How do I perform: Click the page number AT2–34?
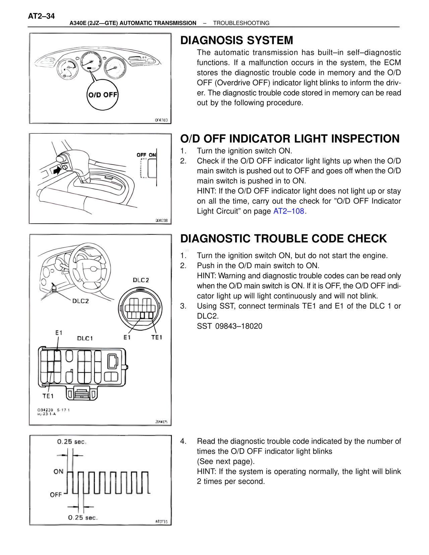pos(41,16)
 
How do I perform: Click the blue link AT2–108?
pos(289,211)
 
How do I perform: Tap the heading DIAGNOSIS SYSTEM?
pos(236,40)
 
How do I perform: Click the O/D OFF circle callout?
pos(103,95)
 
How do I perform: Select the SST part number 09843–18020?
pos(238,326)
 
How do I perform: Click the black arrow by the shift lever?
pos(57,170)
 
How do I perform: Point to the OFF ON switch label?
pos(146,155)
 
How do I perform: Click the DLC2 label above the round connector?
pos(141,280)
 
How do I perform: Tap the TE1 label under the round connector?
pos(157,337)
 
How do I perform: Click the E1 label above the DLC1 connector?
pos(59,333)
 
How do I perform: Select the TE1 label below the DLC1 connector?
pos(48,396)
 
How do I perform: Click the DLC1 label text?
pos(85,338)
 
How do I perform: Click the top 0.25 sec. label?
pos(72,442)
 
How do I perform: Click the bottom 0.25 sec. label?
pos(82,518)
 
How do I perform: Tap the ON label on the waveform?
pos(58,472)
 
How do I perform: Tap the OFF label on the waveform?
pos(56,495)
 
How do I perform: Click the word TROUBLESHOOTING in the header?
pos(241,23)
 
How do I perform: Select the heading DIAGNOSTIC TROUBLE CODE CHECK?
pos(283,239)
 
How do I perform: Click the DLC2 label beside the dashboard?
pos(80,301)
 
